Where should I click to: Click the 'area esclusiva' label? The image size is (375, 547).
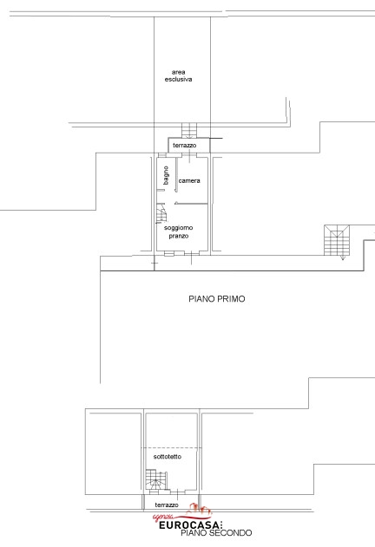(178, 75)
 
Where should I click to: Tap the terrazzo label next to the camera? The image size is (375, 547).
(185, 145)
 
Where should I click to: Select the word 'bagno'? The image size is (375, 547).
(166, 175)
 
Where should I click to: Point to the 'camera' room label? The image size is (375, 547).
(189, 180)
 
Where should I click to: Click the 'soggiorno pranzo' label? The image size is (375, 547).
(179, 231)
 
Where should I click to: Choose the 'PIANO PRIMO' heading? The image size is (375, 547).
(217, 299)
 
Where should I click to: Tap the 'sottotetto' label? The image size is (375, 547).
(168, 456)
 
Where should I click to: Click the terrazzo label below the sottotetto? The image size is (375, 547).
(167, 505)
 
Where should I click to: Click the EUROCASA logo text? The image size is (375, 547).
(191, 525)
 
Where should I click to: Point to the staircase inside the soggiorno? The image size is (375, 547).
(161, 213)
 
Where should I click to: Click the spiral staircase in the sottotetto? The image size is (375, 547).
(156, 481)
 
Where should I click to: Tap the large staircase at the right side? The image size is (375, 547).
(337, 240)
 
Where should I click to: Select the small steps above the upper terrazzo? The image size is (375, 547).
(189, 130)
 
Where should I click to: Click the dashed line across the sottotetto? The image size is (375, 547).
(171, 448)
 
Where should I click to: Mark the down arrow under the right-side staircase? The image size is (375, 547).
(343, 257)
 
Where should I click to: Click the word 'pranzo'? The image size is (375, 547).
(179, 236)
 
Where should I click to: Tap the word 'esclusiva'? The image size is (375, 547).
(178, 79)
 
